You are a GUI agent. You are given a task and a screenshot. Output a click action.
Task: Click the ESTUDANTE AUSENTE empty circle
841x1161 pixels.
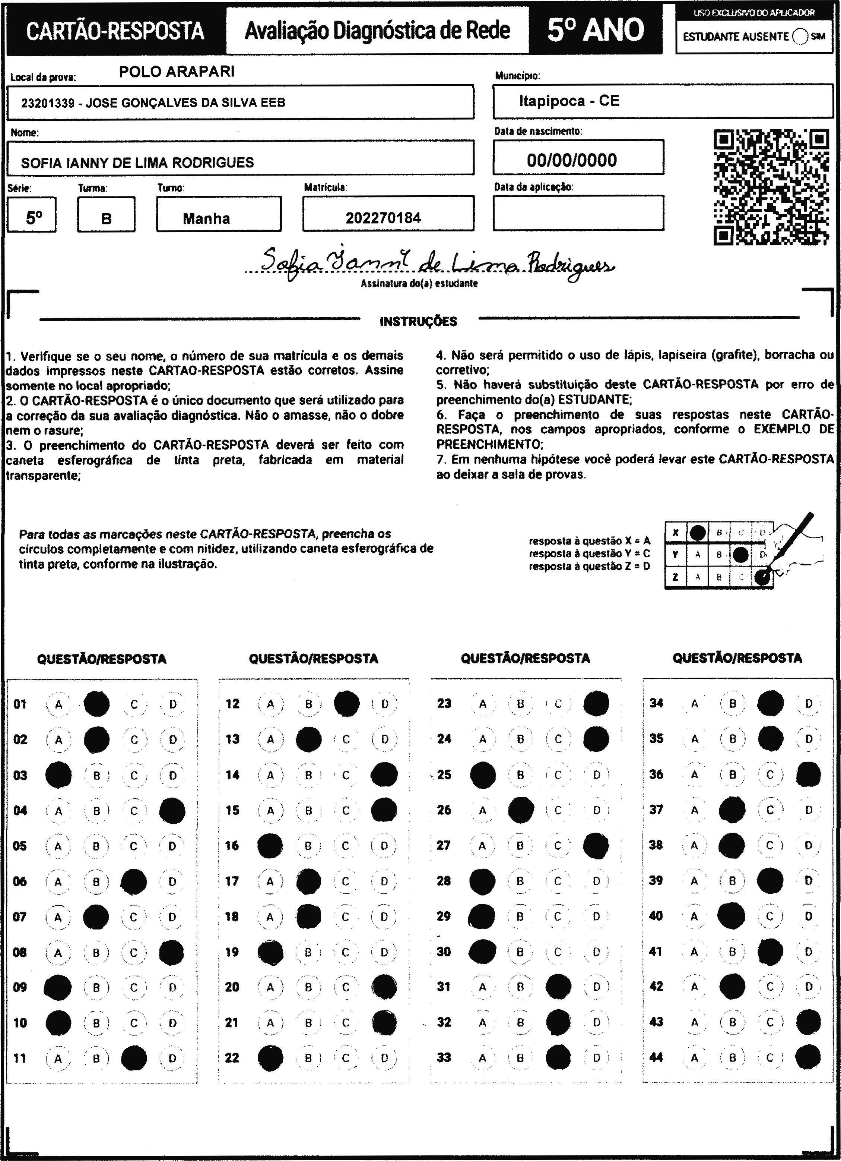800,37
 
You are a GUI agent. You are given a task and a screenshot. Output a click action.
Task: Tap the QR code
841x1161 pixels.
771,187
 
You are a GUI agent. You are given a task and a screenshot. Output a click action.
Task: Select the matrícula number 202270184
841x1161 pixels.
383,218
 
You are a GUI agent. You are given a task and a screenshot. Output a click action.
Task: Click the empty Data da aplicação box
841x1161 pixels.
578,212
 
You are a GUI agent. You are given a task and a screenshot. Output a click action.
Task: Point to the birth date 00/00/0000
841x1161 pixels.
572,160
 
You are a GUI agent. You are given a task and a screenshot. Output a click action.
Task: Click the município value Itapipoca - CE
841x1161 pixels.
569,101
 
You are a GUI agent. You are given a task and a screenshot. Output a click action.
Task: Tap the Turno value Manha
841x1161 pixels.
206,218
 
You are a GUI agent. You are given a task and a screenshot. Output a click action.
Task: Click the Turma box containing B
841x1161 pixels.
107,218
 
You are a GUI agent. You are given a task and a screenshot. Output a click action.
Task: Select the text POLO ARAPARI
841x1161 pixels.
177,72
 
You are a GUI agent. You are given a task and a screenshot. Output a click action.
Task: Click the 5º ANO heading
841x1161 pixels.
596,31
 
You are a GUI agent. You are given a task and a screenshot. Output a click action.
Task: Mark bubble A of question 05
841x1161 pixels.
58,846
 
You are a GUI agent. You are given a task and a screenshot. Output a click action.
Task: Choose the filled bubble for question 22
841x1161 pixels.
270,1058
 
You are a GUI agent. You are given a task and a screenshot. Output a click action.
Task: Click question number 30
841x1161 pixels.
444,952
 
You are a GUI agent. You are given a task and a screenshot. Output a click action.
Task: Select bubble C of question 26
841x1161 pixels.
558,810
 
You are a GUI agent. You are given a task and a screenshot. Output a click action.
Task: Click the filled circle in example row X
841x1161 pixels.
698,533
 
